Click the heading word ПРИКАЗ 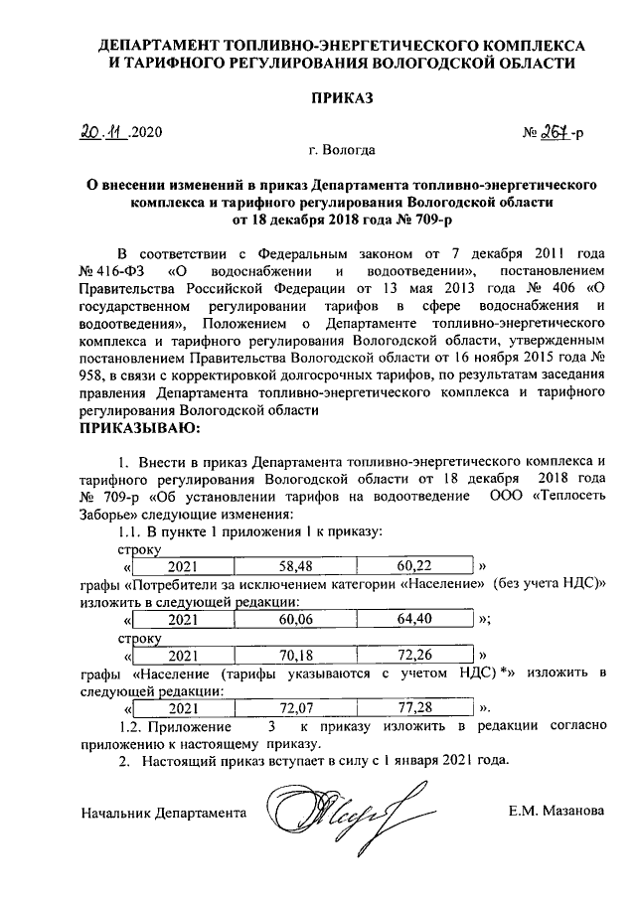342,98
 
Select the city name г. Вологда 342,151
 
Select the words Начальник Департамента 163,812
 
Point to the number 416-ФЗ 117,270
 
